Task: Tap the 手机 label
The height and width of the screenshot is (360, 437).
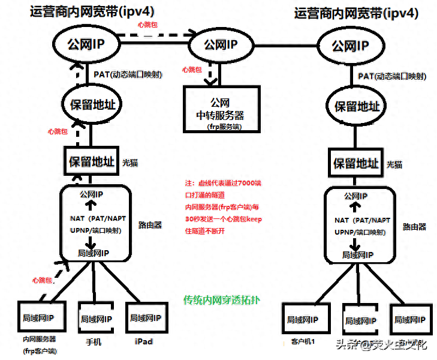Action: [94, 341]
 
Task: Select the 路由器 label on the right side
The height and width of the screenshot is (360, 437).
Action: [414, 227]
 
